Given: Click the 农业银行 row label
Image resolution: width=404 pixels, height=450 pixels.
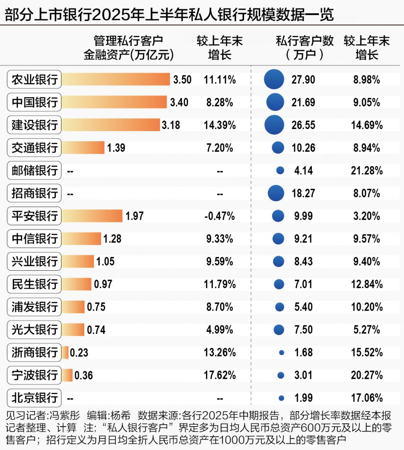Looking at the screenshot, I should tap(34, 80).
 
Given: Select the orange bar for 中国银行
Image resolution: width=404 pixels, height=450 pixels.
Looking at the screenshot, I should tap(114, 102).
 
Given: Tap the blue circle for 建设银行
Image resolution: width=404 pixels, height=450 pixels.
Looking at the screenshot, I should tap(274, 125).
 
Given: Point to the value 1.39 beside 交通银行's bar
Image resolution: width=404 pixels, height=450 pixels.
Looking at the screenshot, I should tap(116, 148).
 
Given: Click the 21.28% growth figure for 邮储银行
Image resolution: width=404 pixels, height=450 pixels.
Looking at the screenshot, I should tap(366, 171).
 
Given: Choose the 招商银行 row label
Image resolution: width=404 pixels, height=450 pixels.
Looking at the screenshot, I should tap(34, 193).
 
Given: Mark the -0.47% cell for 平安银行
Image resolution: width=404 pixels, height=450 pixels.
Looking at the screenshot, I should tap(220, 216).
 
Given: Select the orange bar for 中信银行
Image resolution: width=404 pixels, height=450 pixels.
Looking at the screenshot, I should tap(81, 239).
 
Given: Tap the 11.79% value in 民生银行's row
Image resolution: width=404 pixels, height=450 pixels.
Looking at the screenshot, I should tap(220, 284).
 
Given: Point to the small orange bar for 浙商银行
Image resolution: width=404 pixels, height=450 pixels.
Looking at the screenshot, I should tap(65, 352).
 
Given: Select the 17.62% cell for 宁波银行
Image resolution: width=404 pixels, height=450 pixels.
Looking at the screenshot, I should tap(220, 375).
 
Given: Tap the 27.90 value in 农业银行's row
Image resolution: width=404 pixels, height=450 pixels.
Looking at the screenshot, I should tap(303, 80).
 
